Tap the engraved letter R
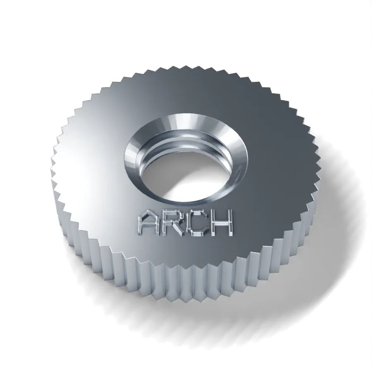173,223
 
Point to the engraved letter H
220,224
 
